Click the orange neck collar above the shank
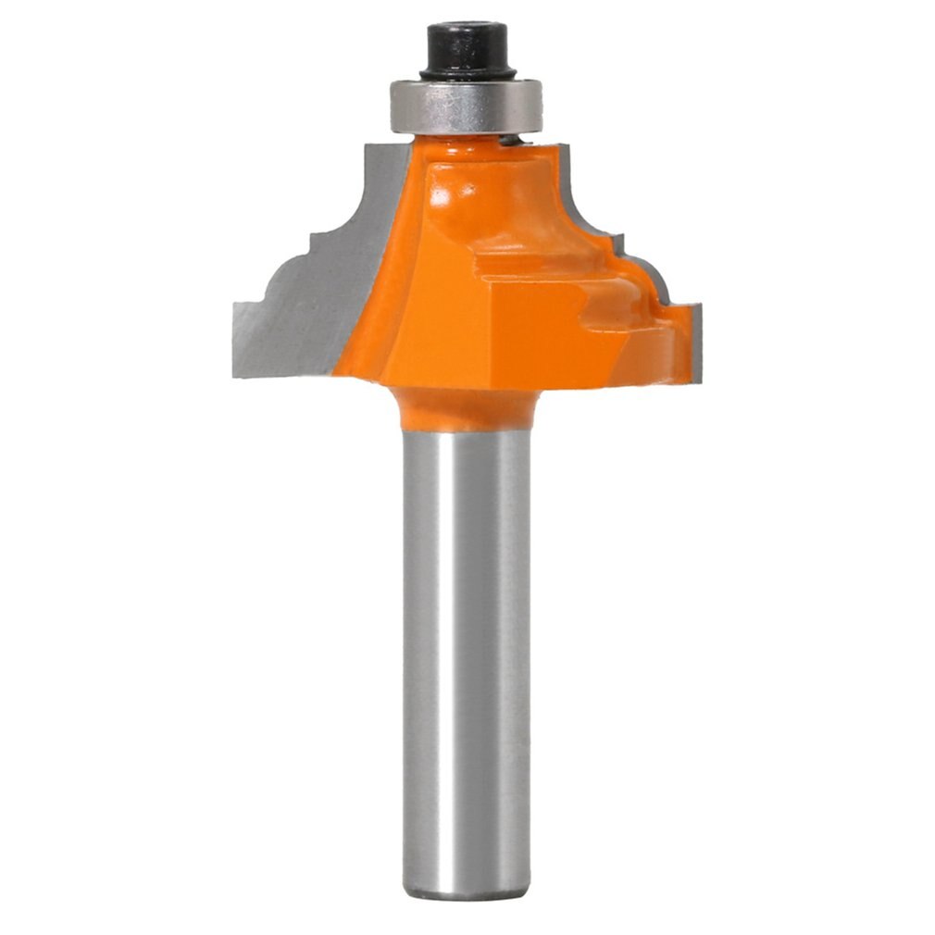click(x=467, y=407)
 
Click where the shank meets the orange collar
click(x=467, y=431)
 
